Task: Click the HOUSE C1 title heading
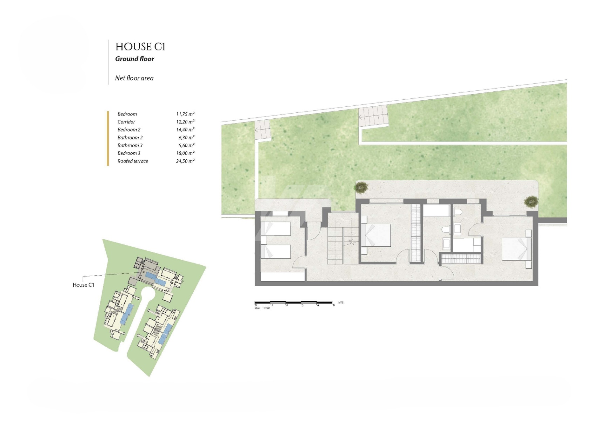point(140,47)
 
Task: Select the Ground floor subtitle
point(135,59)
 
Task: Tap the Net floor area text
point(134,78)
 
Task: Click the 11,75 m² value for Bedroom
point(185,114)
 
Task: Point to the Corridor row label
point(126,122)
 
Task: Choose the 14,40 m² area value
point(185,130)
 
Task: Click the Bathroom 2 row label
point(130,138)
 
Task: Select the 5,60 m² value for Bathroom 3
point(186,145)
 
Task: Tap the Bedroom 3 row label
point(129,153)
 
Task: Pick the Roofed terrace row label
point(133,161)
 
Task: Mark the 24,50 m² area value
point(185,161)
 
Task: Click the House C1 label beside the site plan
point(83,285)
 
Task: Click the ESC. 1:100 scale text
point(262,308)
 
